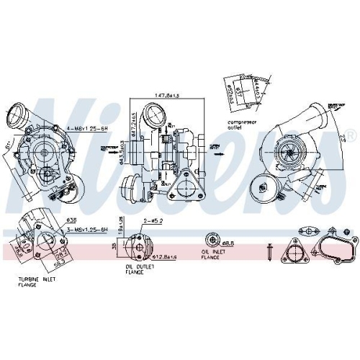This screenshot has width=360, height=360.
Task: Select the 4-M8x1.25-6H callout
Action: tap(86, 128)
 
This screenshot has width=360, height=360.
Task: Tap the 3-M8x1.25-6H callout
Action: tap(87, 229)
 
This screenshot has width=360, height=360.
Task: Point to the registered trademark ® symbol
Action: tap(351, 136)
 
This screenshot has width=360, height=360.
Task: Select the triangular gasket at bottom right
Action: tap(294, 252)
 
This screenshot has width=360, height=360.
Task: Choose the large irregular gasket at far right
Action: tap(338, 248)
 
